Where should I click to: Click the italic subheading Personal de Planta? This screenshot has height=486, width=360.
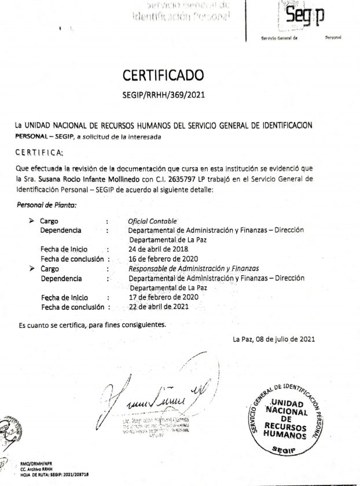47,205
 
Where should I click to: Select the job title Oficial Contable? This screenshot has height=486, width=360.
153,221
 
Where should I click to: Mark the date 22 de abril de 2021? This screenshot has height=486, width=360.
159,307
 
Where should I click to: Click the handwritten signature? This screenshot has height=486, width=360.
156,396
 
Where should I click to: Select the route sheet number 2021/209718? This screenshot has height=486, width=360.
80,474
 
